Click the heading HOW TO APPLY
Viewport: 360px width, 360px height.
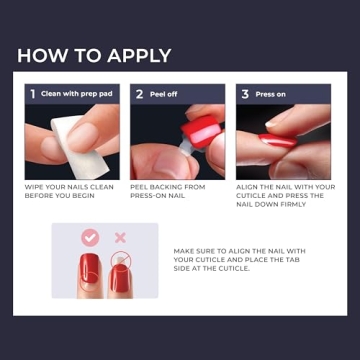[94, 56]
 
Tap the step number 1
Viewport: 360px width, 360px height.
[33, 94]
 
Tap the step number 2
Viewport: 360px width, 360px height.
[139, 94]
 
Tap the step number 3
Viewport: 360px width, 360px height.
[245, 94]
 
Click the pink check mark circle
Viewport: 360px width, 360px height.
[90, 238]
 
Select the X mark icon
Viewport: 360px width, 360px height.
[120, 238]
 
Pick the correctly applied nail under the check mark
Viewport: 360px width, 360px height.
[90, 271]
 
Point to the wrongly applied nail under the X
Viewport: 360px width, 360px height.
[120, 271]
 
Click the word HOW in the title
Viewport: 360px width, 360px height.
[40, 56]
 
